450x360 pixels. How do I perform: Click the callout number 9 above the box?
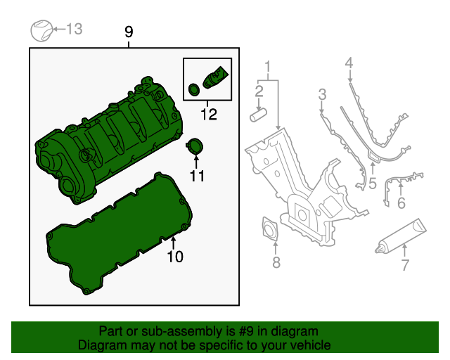click(128, 32)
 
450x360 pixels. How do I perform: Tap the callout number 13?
click(75, 29)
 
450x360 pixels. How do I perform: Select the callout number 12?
click(207, 112)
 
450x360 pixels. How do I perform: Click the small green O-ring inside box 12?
click(194, 89)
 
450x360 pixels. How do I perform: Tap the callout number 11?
click(197, 176)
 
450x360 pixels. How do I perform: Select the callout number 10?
click(174, 257)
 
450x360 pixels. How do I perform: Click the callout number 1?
click(267, 68)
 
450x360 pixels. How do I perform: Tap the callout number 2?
click(259, 91)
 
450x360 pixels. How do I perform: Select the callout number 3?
click(322, 94)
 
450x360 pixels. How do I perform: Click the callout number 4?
click(349, 65)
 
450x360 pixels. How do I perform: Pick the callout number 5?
click(372, 184)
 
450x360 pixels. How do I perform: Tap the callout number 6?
click(401, 204)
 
